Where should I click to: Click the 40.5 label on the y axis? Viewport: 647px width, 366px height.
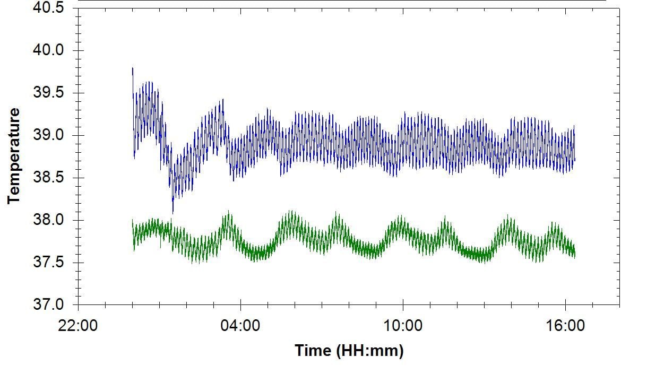point(48,8)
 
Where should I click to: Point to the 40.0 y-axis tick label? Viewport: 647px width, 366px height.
point(48,50)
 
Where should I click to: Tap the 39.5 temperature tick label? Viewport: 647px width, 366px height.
point(48,93)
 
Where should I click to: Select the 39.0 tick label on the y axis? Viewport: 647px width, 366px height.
point(48,135)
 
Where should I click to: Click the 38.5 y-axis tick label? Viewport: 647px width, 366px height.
point(48,178)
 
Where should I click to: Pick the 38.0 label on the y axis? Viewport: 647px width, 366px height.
point(48,220)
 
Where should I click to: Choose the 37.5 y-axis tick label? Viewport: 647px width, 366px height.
point(48,263)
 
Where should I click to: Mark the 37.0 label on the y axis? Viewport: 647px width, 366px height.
point(48,305)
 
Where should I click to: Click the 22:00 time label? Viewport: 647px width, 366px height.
point(79,325)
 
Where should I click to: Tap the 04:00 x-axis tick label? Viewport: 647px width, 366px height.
point(241,325)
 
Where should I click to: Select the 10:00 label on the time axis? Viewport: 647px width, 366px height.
point(403,325)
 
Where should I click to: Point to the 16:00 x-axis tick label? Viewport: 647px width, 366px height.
point(565,325)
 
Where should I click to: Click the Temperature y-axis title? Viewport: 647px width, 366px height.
point(14,156)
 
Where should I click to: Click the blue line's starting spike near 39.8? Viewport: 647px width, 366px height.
point(133,68)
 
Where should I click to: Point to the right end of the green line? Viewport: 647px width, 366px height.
point(575,255)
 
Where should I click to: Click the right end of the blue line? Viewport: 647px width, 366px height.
point(575,159)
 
